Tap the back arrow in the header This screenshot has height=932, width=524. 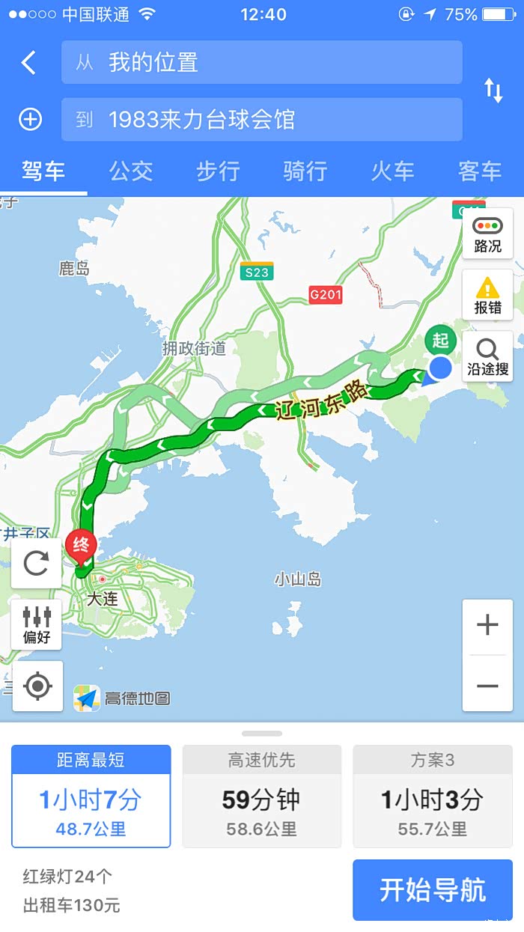(28, 62)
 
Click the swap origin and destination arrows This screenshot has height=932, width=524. (493, 91)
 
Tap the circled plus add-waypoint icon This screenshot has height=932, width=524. (30, 119)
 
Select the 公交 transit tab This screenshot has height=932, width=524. (131, 171)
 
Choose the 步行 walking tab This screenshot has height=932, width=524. (218, 171)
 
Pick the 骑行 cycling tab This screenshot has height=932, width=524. (305, 171)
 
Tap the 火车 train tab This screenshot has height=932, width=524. (392, 171)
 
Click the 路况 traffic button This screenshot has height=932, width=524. (487, 234)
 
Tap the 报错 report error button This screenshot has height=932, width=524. (487, 295)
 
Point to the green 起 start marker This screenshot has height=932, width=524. (440, 341)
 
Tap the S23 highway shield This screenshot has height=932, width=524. (257, 272)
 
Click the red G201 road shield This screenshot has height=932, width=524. (326, 294)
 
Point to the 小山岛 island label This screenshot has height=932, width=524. (298, 579)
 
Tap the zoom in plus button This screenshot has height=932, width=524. (487, 625)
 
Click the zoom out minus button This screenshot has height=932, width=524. (487, 686)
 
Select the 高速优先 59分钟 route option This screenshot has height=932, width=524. (261, 797)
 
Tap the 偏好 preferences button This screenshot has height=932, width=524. (37, 624)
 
